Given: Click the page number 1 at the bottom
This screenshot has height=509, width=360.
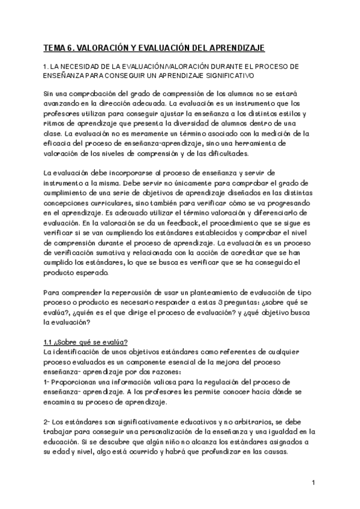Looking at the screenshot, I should click(314, 483).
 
